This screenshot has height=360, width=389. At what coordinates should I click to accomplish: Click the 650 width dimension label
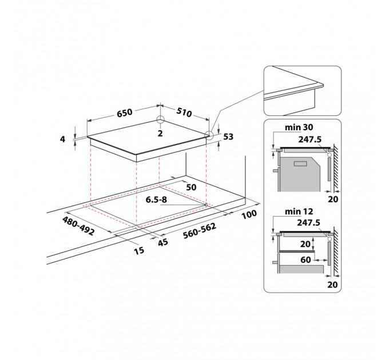(x=125, y=113)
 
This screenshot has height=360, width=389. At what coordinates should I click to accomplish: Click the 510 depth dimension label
(x=184, y=112)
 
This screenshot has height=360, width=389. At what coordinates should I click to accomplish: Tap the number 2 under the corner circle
(x=160, y=134)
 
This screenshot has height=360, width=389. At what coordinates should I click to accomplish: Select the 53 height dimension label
(x=228, y=137)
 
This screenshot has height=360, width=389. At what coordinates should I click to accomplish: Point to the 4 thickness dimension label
(x=62, y=139)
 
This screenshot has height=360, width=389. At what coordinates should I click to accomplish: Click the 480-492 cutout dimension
(x=78, y=226)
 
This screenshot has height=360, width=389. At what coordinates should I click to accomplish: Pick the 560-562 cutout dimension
(x=200, y=231)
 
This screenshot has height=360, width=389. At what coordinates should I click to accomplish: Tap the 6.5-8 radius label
(x=156, y=199)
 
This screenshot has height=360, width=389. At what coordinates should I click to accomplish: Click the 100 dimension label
(x=249, y=214)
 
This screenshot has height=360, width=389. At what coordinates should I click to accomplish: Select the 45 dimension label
(x=163, y=242)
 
